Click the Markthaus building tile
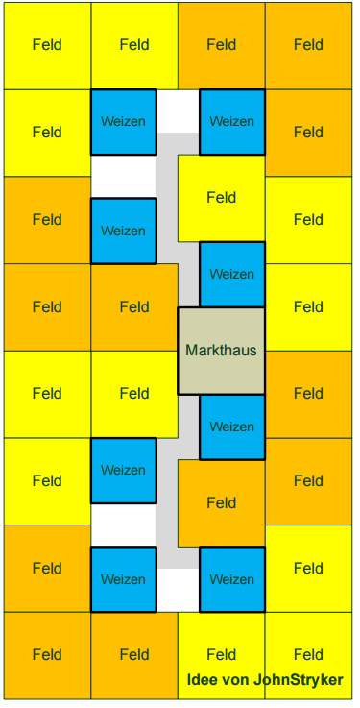[x=221, y=351]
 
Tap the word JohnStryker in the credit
[x=299, y=679]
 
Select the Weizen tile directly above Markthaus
[x=232, y=275]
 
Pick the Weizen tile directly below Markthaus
[x=232, y=427]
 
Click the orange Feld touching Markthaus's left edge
[x=134, y=307]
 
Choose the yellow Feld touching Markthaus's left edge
[x=134, y=394]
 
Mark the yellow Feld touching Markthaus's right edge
[x=308, y=307]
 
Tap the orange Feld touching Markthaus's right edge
[x=308, y=394]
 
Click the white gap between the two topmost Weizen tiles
[x=178, y=111]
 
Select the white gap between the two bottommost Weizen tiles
[x=178, y=590]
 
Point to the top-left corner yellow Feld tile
[x=47, y=45]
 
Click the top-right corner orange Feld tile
[x=308, y=45]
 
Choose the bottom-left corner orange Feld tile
[x=47, y=655]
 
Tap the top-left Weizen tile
[x=124, y=122]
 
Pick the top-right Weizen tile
[x=232, y=122]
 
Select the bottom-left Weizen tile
[x=124, y=579]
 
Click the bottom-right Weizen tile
[x=232, y=579]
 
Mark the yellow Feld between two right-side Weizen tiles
[x=221, y=198]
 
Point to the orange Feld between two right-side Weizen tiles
[x=221, y=503]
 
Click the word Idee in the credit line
[x=202, y=679]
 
